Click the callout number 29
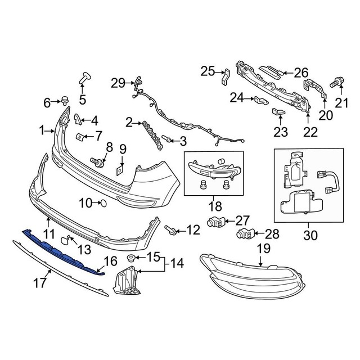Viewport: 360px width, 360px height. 118,83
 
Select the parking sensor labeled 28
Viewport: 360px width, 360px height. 244,233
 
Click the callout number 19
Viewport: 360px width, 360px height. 263,247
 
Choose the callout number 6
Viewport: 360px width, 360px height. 47,102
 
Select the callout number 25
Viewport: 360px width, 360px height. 208,71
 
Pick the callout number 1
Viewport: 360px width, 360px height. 42,131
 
